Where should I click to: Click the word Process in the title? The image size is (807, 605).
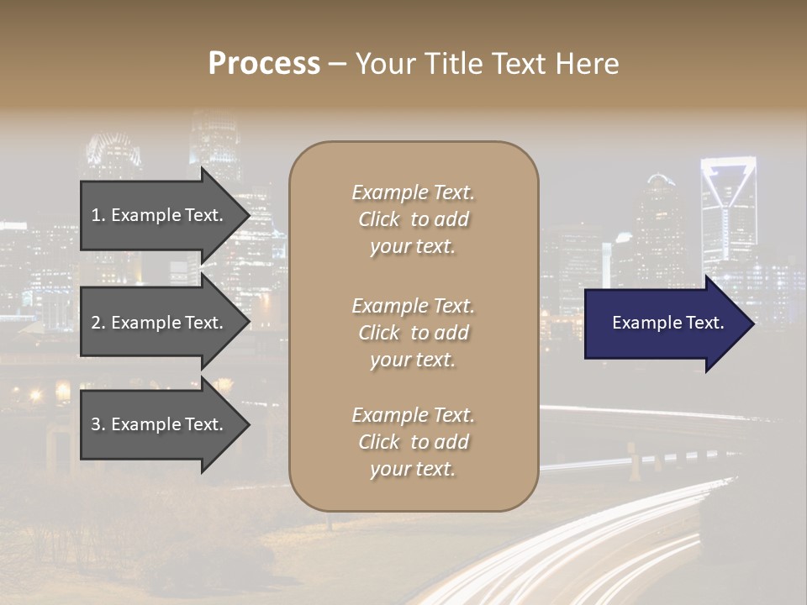[x=264, y=64]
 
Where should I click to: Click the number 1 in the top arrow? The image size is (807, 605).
[x=97, y=215]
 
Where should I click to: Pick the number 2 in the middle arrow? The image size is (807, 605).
[x=97, y=323]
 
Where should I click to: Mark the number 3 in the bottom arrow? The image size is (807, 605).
[x=97, y=424]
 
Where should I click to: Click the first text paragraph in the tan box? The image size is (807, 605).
[x=413, y=219]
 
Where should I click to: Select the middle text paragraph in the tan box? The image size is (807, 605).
[x=413, y=333]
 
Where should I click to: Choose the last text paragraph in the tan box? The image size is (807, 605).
[x=413, y=442]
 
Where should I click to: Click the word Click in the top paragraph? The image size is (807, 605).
[x=379, y=220]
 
